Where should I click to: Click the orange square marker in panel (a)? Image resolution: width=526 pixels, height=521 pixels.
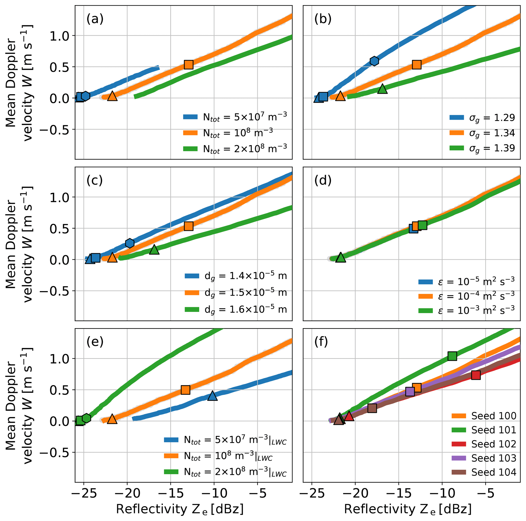tap(189, 65)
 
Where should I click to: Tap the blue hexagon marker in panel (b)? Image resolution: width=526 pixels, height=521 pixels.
tap(374, 61)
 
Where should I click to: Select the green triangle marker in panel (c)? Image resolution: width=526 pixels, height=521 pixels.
tap(154, 249)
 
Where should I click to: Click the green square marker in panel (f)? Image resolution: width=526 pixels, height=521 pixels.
tap(452, 356)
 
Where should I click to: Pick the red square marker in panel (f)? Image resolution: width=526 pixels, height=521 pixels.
tap(476, 375)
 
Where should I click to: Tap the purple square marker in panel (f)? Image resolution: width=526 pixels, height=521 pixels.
tap(410, 392)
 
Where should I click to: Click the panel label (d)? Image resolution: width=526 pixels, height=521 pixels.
tap(323, 180)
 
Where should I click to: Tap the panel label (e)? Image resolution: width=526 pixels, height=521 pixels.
tap(95, 342)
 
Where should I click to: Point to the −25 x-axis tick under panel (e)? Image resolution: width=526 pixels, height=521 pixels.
tap(84, 493)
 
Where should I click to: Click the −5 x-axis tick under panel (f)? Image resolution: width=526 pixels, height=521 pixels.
tap(486, 493)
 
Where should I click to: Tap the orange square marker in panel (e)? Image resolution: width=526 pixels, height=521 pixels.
tap(186, 390)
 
